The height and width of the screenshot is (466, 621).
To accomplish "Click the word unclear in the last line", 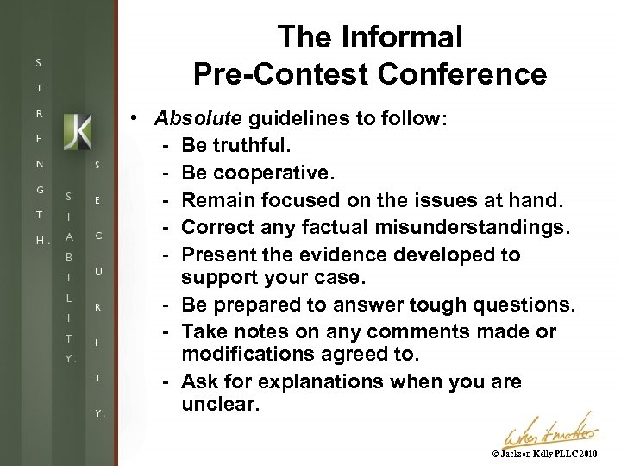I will pos(220,403).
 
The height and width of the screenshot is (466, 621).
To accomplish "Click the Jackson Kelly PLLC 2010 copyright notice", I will pos(545,453).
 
